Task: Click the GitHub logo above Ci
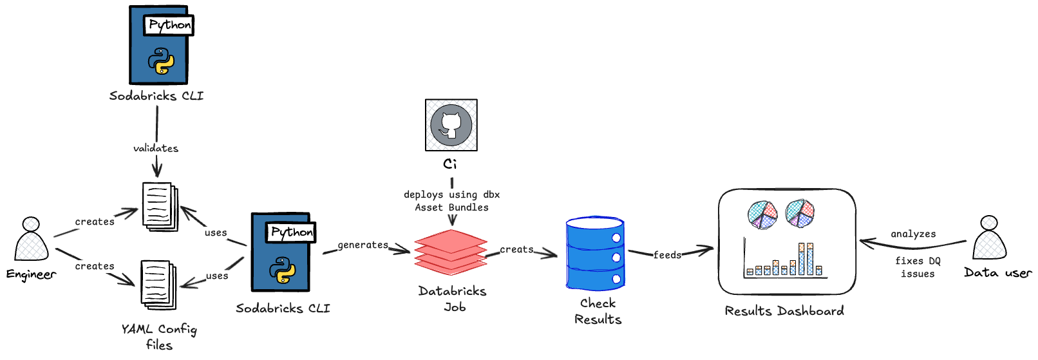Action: [x=451, y=125]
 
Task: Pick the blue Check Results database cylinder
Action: [x=595, y=254]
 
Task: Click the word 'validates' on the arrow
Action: [x=156, y=148]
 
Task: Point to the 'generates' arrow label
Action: [x=363, y=245]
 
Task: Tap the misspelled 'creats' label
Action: [x=516, y=249]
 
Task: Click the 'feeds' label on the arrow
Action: [x=667, y=255]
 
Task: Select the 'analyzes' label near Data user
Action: [x=913, y=234]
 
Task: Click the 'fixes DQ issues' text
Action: [x=918, y=267]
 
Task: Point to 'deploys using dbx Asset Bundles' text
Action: [x=451, y=201]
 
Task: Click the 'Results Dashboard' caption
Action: [x=784, y=311]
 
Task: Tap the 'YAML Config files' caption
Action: [x=159, y=337]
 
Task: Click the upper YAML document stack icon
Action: [x=159, y=206]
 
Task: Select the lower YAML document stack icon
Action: [x=158, y=284]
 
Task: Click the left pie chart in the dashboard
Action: [x=762, y=214]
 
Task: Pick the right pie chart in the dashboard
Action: [x=800, y=213]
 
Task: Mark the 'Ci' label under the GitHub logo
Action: [x=450, y=164]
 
